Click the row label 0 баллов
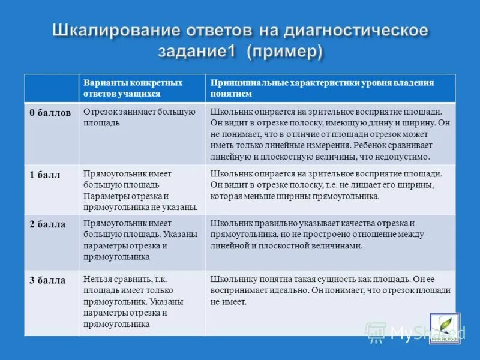coord(50,113)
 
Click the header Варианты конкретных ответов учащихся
coord(133,88)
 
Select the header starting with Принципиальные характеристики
coord(322,88)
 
